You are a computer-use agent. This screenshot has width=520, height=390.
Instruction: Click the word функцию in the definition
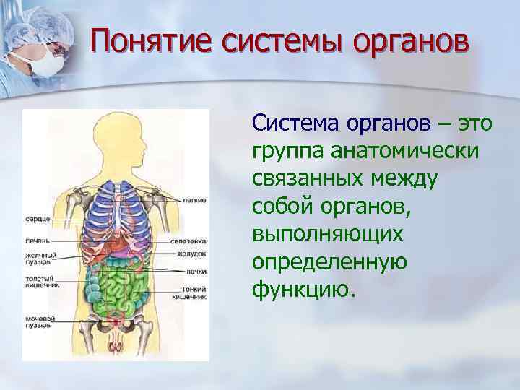[303, 290]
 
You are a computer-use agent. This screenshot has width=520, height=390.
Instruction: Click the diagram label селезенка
[189, 241]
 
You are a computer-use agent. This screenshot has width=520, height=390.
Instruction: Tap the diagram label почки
[195, 272]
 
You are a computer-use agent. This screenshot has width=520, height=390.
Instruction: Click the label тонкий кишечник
[191, 292]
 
